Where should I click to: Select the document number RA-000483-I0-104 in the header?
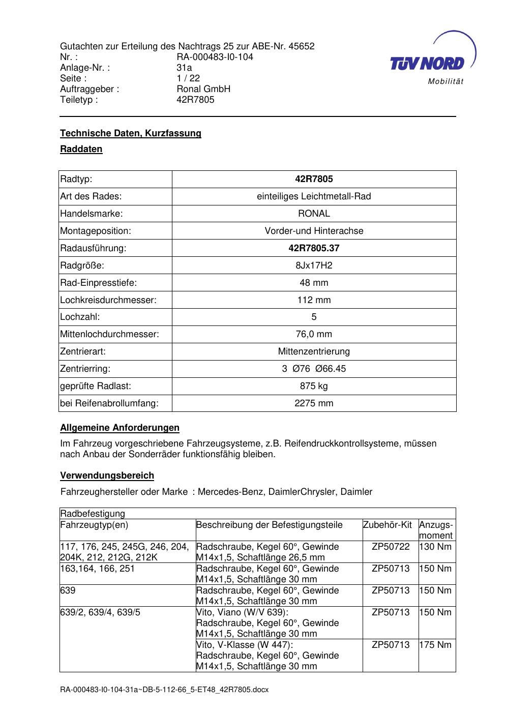(215, 57)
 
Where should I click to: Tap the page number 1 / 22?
(188, 78)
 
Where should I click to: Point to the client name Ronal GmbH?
(203, 89)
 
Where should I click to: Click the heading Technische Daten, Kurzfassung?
(131, 133)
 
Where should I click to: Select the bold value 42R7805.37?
(314, 248)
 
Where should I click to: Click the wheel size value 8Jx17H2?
(314, 265)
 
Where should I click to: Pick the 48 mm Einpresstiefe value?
(314, 283)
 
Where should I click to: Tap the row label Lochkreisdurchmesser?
(108, 300)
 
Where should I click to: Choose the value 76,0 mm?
(314, 334)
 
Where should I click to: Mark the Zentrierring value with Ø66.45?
(314, 369)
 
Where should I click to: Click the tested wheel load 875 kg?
(314, 386)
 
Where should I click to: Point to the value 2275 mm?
(314, 403)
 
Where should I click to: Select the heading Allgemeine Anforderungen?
(120, 428)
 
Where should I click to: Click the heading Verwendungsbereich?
(107, 475)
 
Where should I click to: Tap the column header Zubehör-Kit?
(388, 525)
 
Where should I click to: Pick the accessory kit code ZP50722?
(391, 547)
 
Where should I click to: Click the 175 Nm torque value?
(435, 645)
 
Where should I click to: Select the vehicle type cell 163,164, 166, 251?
(98, 569)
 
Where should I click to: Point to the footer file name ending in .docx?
(164, 690)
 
